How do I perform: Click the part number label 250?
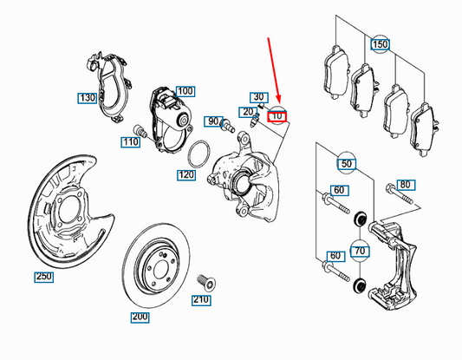(43, 277)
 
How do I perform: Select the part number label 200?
(140, 317)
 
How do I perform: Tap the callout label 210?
(201, 300)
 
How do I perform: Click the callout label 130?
(87, 98)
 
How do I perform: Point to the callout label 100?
(185, 90)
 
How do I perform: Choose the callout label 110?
(131, 141)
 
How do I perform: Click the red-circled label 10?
(277, 115)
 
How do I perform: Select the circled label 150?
(381, 43)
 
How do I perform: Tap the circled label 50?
(348, 163)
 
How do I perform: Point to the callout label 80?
(404, 185)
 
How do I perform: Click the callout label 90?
(214, 121)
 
